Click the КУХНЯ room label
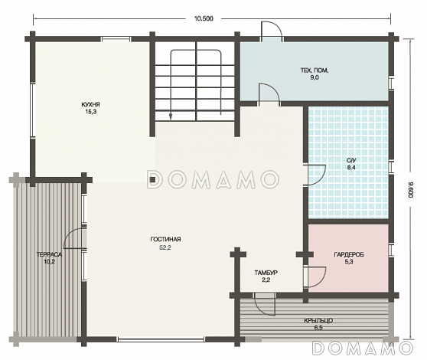[91, 104]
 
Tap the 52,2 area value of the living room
[165, 247]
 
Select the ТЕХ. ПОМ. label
[315, 70]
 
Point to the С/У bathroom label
[351, 161]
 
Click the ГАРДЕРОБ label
[349, 255]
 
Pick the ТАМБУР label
[266, 273]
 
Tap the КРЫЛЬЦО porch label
[318, 321]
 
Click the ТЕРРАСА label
[49, 255]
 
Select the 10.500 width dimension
[204, 18]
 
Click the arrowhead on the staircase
[171, 117]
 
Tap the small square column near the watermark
[152, 179]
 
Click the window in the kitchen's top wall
[116, 39]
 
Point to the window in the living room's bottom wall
[161, 339]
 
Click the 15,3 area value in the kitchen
[91, 112]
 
